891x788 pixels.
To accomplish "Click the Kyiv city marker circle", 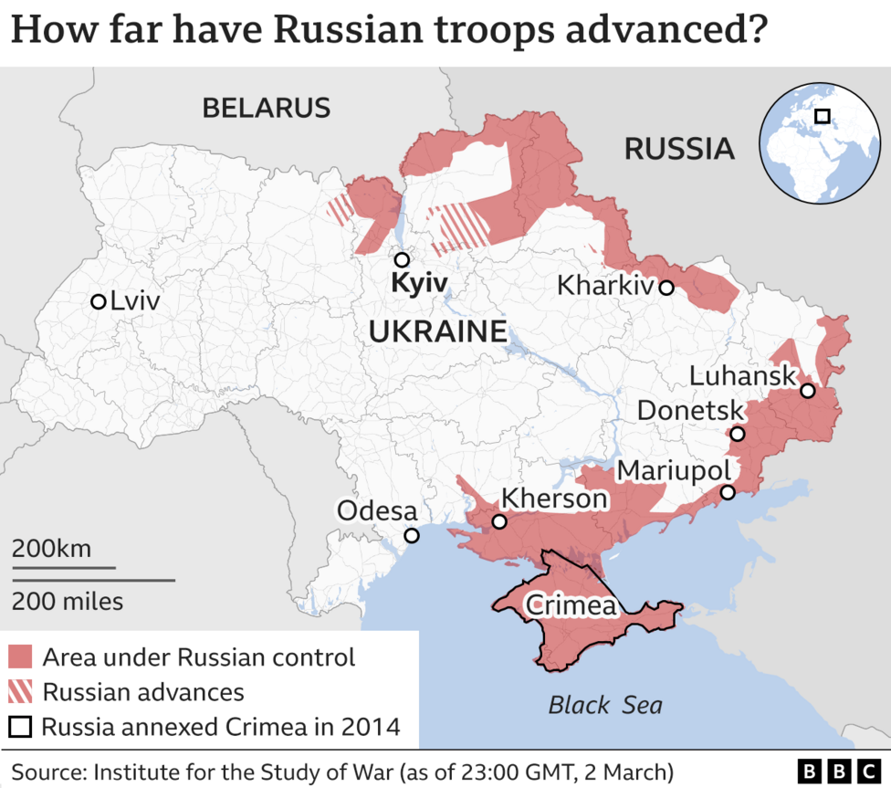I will coord(400,259).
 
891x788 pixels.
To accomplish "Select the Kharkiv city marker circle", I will coord(666,288).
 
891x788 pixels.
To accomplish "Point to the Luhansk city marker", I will coord(807,391).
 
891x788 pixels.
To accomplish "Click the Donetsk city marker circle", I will coord(738,435).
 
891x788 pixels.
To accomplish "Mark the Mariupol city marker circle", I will coord(728,493).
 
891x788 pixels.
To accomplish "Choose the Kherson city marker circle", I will coord(499,522).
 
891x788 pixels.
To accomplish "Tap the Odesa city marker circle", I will coord(412,536).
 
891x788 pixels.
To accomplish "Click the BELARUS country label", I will coord(266,108).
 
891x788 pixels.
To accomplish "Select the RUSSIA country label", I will coord(679,149).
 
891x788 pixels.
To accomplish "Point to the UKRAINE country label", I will coord(437,331).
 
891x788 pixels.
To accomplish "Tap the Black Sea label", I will coord(605,705).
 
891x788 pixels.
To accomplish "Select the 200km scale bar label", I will coord(51,549).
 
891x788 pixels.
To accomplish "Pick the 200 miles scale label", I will coord(68,602).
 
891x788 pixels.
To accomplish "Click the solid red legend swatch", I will coord(20,657).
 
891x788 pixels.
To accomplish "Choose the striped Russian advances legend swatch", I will coord(20,691).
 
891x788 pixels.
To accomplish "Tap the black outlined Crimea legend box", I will coord(20,727).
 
